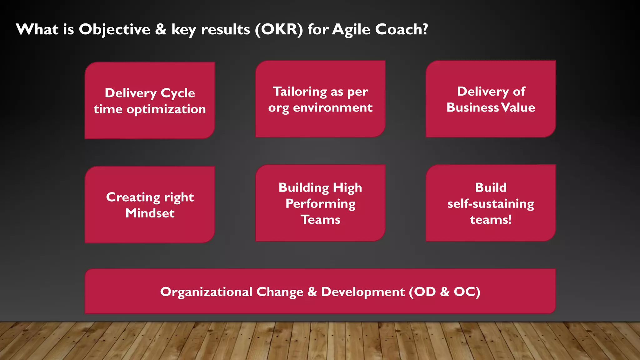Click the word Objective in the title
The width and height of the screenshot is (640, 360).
coord(114,30)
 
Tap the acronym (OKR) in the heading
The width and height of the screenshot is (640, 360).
coord(279,30)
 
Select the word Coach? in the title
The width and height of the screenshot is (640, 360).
coord(401,30)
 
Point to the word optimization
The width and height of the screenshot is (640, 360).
coord(166,109)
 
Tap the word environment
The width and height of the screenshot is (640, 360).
coord(332,108)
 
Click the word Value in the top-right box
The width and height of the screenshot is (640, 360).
coord(518,107)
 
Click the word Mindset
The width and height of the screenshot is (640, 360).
coord(150,213)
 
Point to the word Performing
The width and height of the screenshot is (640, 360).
coord(320,204)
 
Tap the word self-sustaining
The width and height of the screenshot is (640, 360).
coord(491,204)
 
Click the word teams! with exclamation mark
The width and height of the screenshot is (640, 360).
coord(491,220)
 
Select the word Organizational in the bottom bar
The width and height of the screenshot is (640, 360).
coord(206,292)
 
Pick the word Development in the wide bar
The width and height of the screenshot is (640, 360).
coord(362,292)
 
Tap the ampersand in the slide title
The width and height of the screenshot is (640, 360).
coord(161,30)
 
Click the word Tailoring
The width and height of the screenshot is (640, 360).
coord(300,92)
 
